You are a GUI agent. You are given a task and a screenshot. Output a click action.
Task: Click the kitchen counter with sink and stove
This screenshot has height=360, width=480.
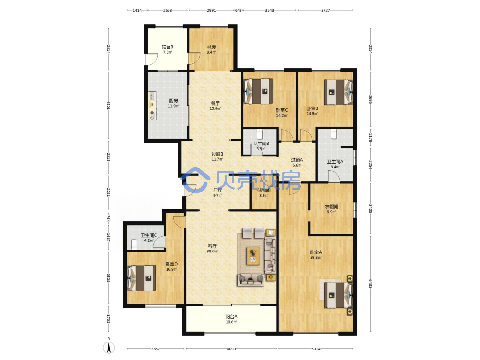(153, 106)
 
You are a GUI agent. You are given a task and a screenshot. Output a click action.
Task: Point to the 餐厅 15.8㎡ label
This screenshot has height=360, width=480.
(215, 106)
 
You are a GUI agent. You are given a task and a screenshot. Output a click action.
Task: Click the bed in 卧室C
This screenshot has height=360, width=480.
(258, 91)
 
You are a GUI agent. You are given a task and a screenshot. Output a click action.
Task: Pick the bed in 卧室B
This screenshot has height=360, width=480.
(338, 92)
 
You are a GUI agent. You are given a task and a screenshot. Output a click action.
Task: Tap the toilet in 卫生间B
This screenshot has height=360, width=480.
(260, 134)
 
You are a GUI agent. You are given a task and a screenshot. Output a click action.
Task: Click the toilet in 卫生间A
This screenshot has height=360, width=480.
(334, 134)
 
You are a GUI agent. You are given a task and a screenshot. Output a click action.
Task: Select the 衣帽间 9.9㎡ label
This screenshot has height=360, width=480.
(331, 209)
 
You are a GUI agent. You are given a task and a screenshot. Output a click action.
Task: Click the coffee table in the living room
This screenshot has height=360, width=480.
(253, 255)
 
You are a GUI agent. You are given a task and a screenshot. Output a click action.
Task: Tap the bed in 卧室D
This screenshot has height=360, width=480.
(142, 278)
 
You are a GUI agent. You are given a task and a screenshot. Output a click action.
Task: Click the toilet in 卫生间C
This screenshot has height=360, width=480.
(133, 244)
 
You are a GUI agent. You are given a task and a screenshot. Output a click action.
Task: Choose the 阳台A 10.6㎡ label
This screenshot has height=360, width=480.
(231, 319)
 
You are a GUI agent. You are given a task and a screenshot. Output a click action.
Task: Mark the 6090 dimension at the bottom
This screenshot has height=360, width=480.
(231, 349)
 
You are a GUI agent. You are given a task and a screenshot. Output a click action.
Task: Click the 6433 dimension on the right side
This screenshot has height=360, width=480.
(370, 284)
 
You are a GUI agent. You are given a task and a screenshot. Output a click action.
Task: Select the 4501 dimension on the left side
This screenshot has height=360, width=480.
(108, 105)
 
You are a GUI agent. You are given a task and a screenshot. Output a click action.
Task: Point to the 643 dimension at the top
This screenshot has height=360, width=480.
(239, 10)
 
